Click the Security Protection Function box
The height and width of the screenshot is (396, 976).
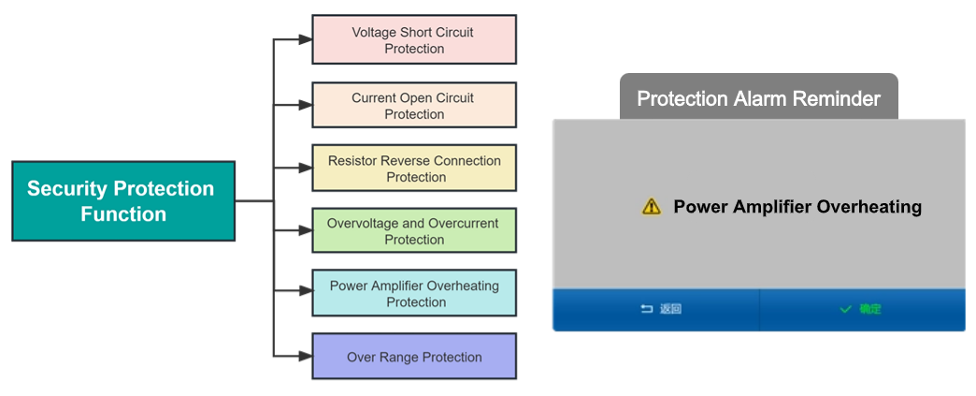[x=122, y=201]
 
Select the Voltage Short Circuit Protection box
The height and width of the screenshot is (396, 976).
[x=413, y=39]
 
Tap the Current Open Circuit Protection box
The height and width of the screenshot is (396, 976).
[x=413, y=105]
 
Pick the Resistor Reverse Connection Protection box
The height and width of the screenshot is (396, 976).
[x=413, y=169]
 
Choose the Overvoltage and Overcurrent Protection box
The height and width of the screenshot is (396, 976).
[x=413, y=231]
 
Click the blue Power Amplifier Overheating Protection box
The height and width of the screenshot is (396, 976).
[x=413, y=294]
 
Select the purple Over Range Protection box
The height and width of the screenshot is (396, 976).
[x=413, y=357]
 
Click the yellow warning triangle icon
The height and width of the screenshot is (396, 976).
[x=652, y=207]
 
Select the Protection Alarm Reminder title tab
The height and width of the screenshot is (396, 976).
[x=758, y=98]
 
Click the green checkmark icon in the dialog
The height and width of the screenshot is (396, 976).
[x=845, y=309]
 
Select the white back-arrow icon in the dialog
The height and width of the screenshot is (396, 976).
[x=646, y=309]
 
